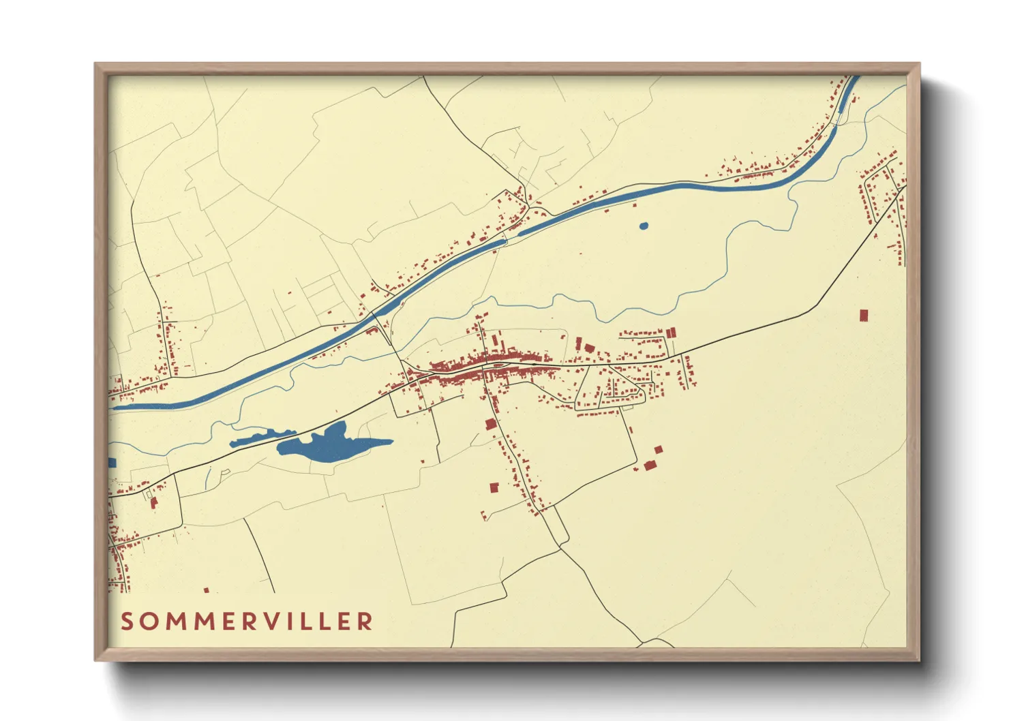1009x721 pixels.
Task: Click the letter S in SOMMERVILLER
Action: [127, 622]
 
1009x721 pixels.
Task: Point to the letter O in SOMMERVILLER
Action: [150, 622]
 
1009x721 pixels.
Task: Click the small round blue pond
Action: [643, 226]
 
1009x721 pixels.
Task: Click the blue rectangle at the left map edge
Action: [112, 463]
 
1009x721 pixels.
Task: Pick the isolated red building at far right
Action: [864, 315]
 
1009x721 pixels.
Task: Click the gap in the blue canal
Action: [512, 236]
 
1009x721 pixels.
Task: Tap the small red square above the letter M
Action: [207, 590]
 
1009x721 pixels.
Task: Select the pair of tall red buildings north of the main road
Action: [671, 333]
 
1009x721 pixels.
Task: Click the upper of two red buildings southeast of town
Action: [658, 450]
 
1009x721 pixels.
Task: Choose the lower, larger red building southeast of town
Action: [649, 465]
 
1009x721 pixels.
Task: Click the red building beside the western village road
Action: [154, 503]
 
